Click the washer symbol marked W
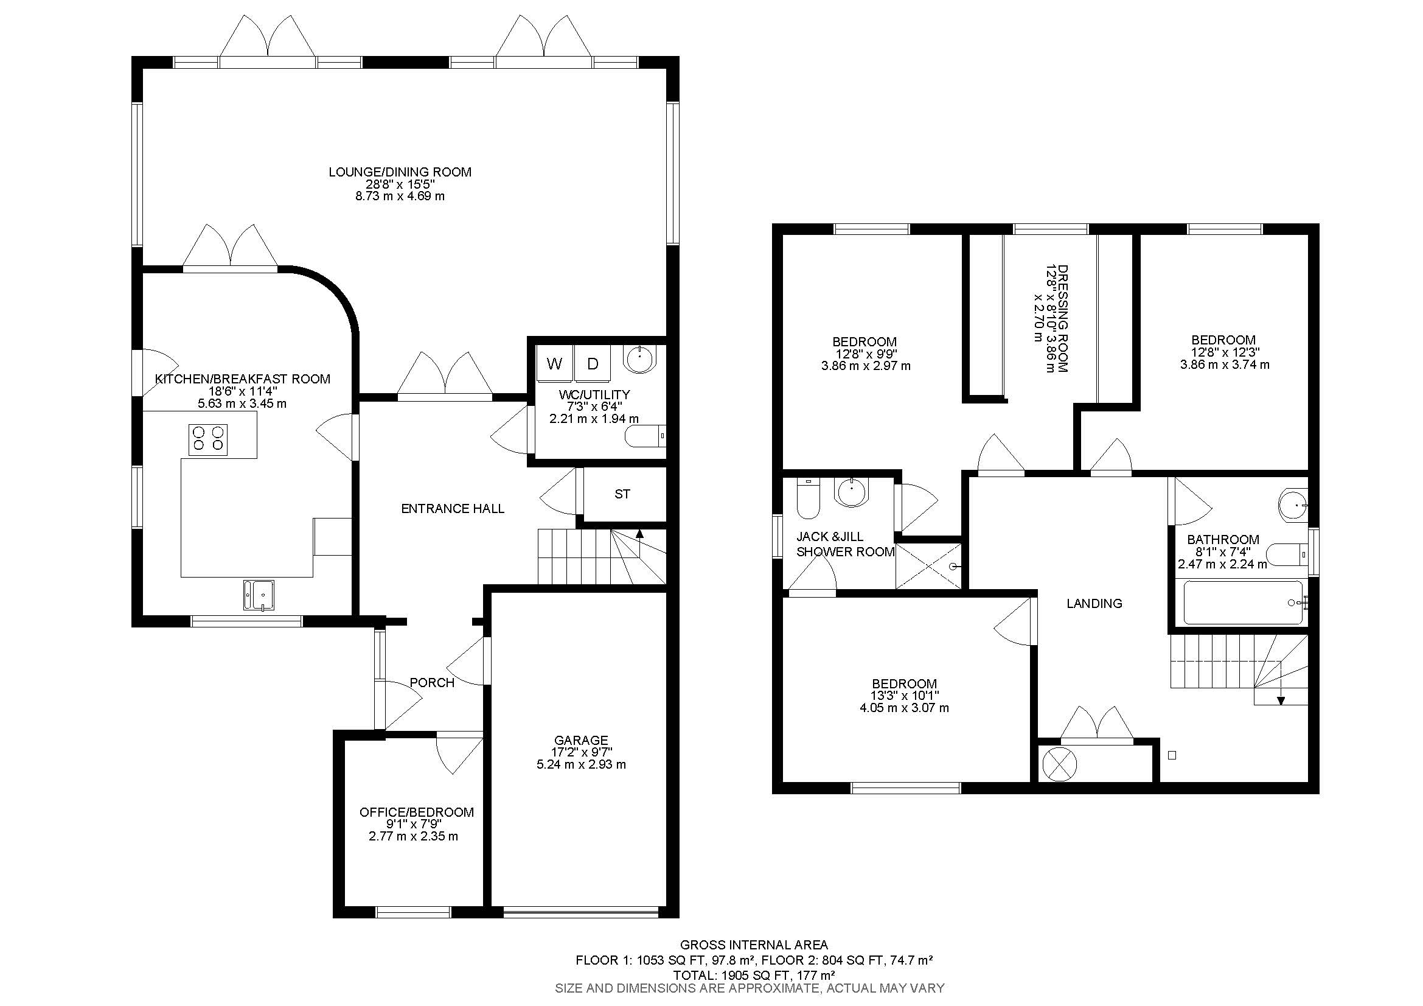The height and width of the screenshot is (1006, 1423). pyautogui.click(x=554, y=364)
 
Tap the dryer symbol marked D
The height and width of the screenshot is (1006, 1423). pyautogui.click(x=593, y=364)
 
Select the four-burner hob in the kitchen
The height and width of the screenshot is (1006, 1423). pyautogui.click(x=208, y=438)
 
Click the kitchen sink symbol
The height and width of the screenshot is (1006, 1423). pyautogui.click(x=259, y=595)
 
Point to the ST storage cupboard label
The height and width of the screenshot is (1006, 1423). pyautogui.click(x=622, y=494)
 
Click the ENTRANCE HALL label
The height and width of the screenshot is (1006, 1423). pyautogui.click(x=453, y=509)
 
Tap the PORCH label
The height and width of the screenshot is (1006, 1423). pyautogui.click(x=432, y=682)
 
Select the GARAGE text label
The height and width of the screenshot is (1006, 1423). pyautogui.click(x=581, y=740)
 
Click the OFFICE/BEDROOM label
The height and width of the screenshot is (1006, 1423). pyautogui.click(x=417, y=812)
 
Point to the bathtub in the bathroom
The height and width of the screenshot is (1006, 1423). pyautogui.click(x=1243, y=603)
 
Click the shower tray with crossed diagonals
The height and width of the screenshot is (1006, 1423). pyautogui.click(x=928, y=566)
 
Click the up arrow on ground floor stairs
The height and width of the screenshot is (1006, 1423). pyautogui.click(x=639, y=533)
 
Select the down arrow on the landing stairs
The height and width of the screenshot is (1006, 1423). pyautogui.click(x=1281, y=700)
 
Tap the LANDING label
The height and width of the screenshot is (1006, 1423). pyautogui.click(x=1094, y=603)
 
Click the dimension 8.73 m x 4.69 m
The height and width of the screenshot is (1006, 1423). pyautogui.click(x=400, y=197)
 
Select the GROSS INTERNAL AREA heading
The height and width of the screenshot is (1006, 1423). pyautogui.click(x=754, y=945)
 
